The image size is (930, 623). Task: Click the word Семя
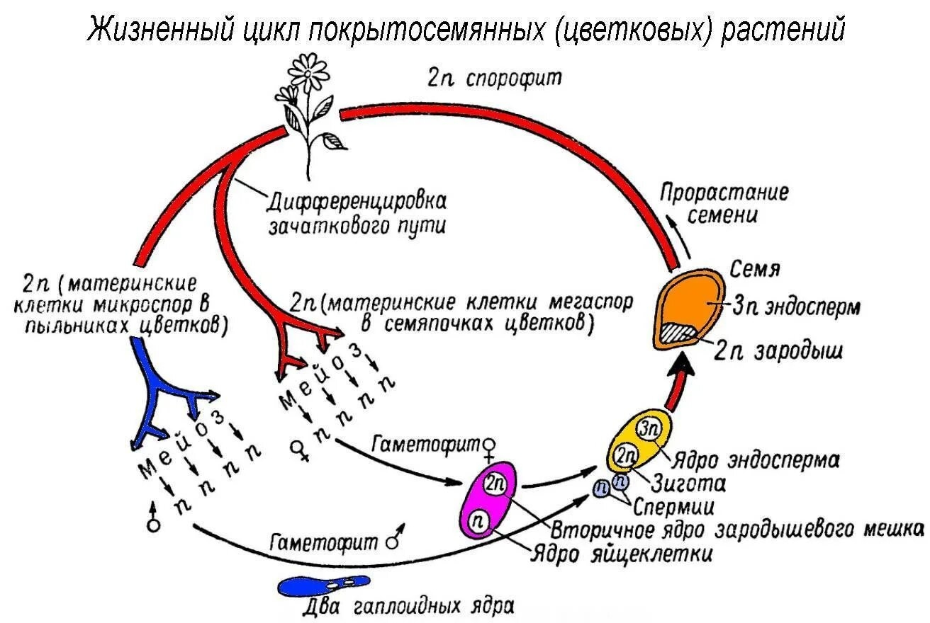tap(755, 270)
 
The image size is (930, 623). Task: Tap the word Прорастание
tap(724, 193)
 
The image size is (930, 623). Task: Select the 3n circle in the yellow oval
tap(648, 428)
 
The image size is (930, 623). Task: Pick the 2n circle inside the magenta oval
tap(494, 484)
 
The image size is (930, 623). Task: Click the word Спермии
tap(673, 508)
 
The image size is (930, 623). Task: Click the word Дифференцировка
tap(357, 202)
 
